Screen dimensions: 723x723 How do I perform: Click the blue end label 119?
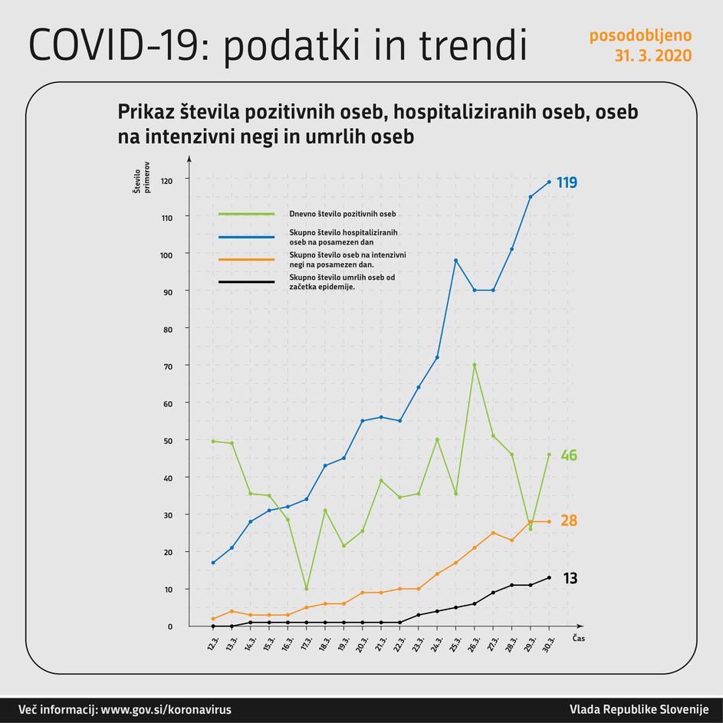pyautogui.click(x=567, y=182)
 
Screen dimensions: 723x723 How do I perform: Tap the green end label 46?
pyautogui.click(x=568, y=455)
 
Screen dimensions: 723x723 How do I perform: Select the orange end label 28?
pyautogui.click(x=568, y=521)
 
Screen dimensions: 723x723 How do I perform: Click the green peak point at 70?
pyautogui.click(x=475, y=365)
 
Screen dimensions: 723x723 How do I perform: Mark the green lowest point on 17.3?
pyautogui.click(x=307, y=589)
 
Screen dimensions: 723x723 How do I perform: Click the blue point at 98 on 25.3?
pyautogui.click(x=455, y=261)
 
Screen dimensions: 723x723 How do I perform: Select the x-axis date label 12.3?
pyautogui.click(x=213, y=642)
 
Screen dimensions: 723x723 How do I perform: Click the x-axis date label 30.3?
pyautogui.click(x=549, y=642)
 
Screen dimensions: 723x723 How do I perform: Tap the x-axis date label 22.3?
pyautogui.click(x=399, y=642)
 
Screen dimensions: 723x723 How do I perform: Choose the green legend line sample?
pyautogui.click(x=246, y=214)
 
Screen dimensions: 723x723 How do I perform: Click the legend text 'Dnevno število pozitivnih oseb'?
pyautogui.click(x=343, y=214)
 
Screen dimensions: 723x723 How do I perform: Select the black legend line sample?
pyautogui.click(x=246, y=282)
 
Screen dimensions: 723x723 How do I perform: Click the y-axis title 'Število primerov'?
pyautogui.click(x=141, y=180)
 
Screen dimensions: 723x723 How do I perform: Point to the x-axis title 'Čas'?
pyautogui.click(x=578, y=638)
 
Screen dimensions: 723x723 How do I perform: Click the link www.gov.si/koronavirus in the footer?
pyautogui.click(x=166, y=710)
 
